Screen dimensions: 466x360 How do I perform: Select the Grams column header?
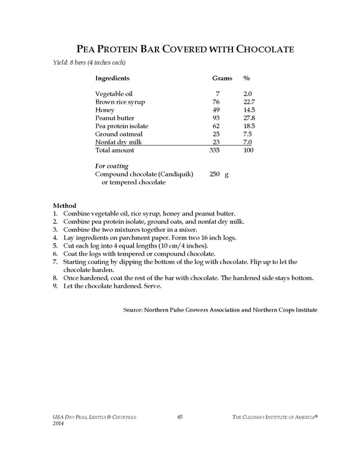click(221, 77)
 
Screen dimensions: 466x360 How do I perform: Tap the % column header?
click(246, 77)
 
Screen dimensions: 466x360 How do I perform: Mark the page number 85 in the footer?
click(180, 414)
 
